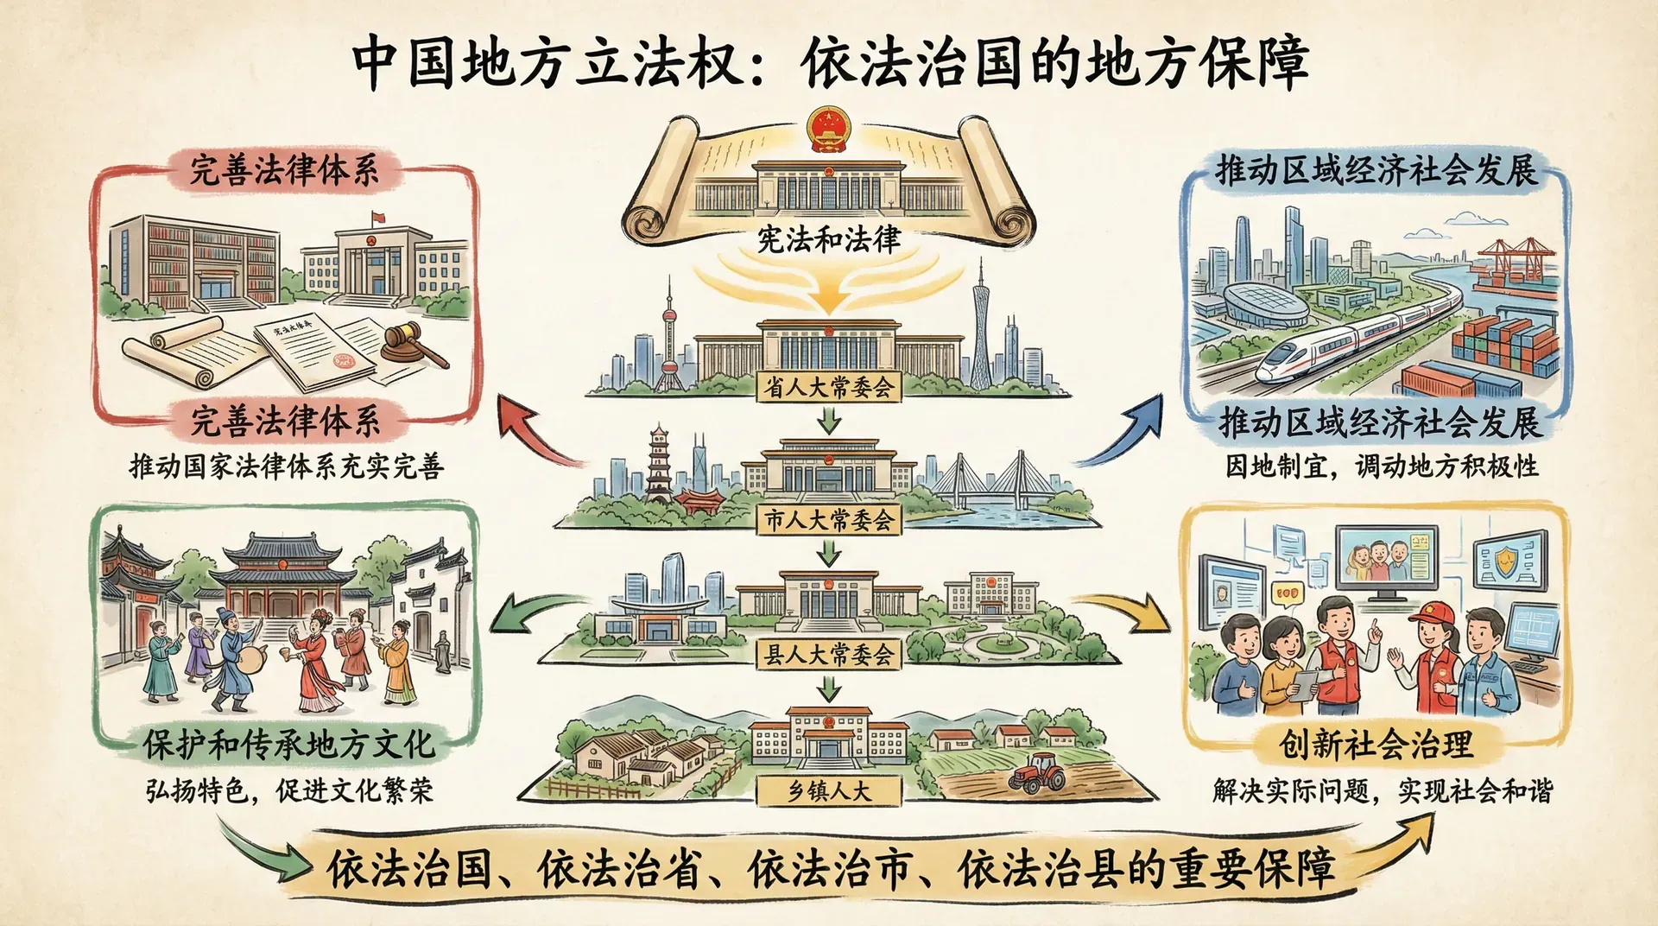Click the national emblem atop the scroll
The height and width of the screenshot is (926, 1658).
(828, 130)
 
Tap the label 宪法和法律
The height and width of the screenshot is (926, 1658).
(829, 239)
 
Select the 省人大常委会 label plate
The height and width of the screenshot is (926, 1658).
(829, 386)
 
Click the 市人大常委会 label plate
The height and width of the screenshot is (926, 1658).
(829, 520)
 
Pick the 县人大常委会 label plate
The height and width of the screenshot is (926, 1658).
(829, 655)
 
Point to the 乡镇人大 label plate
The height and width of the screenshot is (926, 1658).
(829, 790)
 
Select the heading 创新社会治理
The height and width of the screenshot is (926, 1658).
(1376, 744)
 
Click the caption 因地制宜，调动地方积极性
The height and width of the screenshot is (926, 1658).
(1382, 466)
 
